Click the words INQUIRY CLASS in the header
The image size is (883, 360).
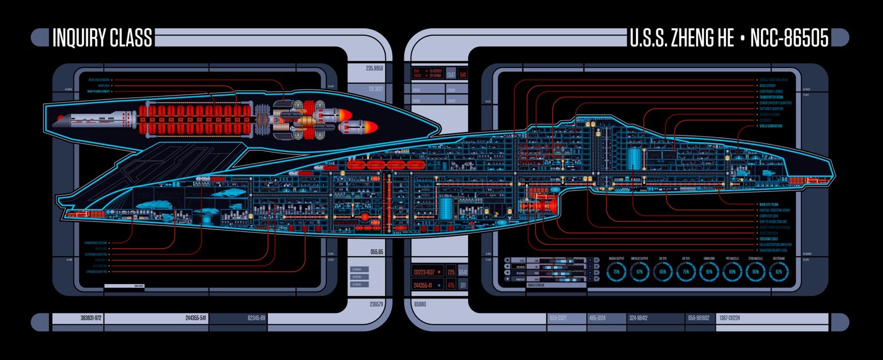coord(102,38)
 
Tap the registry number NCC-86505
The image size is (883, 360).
coord(789,38)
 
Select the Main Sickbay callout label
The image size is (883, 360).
coord(767,86)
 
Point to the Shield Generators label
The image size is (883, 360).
coord(771,126)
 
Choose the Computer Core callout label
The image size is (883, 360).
coord(768,216)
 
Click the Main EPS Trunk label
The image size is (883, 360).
coord(770,204)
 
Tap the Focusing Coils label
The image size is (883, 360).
coord(768,239)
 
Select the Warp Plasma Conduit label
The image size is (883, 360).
coord(98,91)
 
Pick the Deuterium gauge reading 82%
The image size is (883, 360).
coord(779,272)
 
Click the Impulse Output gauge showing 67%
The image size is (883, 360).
coord(640,272)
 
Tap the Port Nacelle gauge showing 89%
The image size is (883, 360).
coord(732,272)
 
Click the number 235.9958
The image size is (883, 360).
coord(374,68)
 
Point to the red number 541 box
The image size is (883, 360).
coord(463,74)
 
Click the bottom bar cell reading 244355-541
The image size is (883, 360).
coord(195,318)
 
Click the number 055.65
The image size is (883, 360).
coord(376,252)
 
